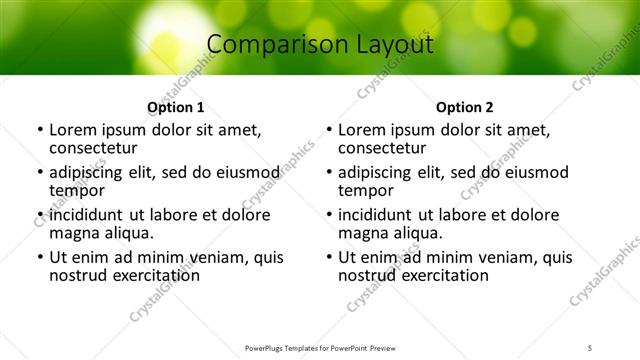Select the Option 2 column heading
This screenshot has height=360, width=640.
[x=465, y=107]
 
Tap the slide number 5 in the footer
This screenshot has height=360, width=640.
[x=591, y=348]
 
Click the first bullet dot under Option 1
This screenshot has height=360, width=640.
[x=39, y=130]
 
